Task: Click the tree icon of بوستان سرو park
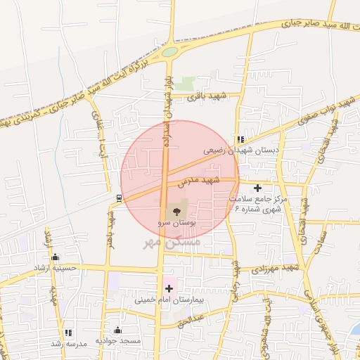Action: click(176, 210)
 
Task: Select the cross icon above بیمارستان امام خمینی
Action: click(169, 288)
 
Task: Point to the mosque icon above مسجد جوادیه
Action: click(117, 330)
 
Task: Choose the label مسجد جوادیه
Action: click(118, 341)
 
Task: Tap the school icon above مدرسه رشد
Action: click(68, 333)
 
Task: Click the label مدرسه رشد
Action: click(67, 343)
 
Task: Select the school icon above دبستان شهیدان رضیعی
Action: click(240, 139)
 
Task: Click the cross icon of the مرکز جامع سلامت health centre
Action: click(258, 188)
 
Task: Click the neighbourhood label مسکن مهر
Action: click(172, 242)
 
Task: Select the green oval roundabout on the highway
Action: click(169, 51)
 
